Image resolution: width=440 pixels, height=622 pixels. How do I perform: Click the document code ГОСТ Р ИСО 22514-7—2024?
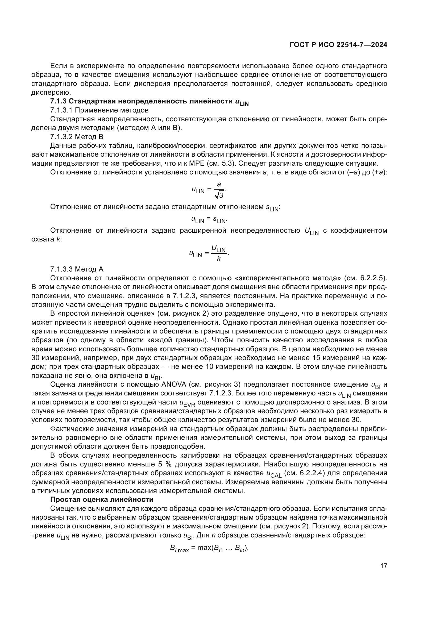tap(338, 45)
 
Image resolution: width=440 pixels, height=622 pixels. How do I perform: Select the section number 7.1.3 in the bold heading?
tap(58, 101)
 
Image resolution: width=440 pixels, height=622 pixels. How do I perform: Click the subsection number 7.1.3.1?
tap(61, 110)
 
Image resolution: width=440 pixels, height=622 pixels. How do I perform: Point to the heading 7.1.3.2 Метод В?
tap(77, 137)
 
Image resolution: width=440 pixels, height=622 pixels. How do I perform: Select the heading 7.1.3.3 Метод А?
tap(77, 269)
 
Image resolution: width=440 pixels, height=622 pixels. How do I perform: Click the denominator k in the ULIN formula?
tap(219, 259)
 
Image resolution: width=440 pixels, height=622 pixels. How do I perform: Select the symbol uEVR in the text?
tap(187, 403)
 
